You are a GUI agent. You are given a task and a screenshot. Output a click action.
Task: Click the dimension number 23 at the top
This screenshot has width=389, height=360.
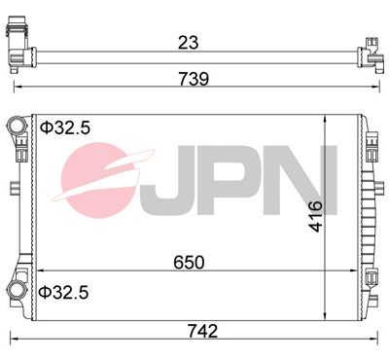(x=188, y=43)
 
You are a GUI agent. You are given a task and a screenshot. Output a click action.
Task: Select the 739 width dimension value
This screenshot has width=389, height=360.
(x=194, y=79)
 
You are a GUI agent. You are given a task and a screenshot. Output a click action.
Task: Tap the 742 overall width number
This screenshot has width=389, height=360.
(x=203, y=331)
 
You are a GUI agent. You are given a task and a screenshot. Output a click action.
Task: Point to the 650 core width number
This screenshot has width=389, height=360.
(x=189, y=263)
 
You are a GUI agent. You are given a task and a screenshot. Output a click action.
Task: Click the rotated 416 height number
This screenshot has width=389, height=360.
(x=316, y=216)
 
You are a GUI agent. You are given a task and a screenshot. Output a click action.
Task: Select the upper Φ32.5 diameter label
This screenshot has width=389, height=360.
(x=65, y=128)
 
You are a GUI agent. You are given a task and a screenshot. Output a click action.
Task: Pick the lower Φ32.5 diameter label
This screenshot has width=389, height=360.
(x=63, y=293)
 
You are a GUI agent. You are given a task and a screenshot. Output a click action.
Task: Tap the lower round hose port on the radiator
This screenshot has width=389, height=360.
(x=16, y=289)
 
